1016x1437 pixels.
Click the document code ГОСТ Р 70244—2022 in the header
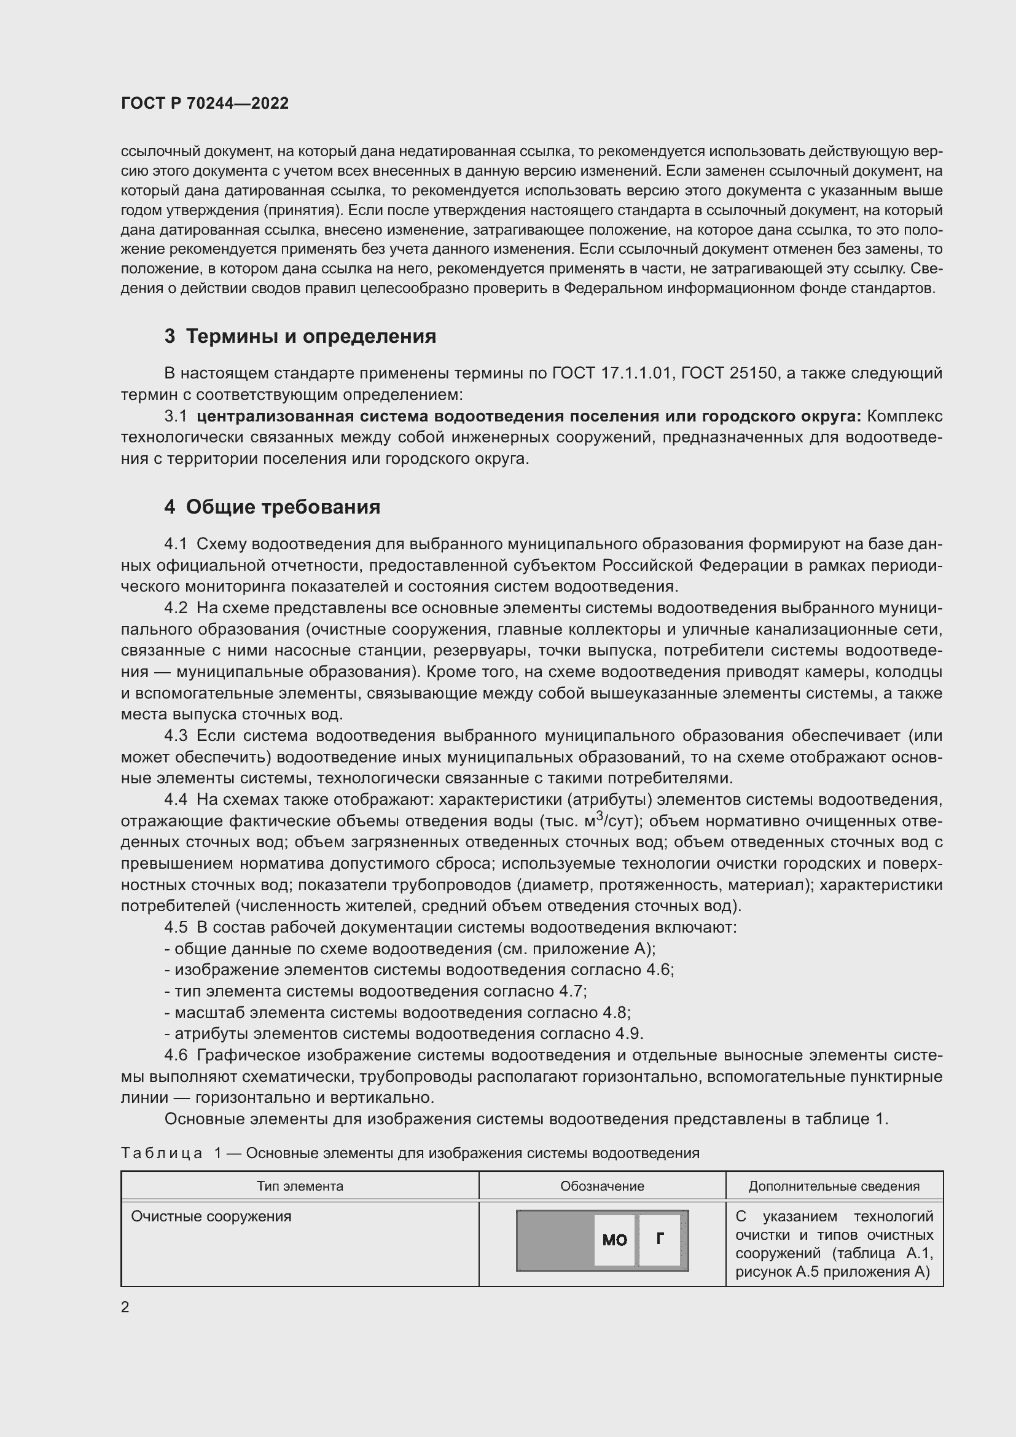[205, 104]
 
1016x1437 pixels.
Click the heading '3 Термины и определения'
[300, 337]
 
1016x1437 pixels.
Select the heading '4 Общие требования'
[272, 507]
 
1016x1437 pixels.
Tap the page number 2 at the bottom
[125, 1307]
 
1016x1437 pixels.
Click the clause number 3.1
[176, 416]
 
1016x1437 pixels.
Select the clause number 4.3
[176, 735]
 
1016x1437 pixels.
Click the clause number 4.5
[176, 928]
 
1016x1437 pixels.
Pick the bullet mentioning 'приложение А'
[410, 949]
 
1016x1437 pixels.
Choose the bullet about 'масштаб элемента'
[397, 1012]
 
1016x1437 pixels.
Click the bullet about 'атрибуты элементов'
[404, 1034]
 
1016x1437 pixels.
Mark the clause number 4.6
[176, 1055]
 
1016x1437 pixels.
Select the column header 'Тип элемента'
[300, 1186]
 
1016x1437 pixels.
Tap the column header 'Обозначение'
[602, 1186]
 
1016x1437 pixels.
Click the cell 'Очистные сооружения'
[211, 1216]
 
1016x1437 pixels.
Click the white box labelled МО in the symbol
[614, 1240]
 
